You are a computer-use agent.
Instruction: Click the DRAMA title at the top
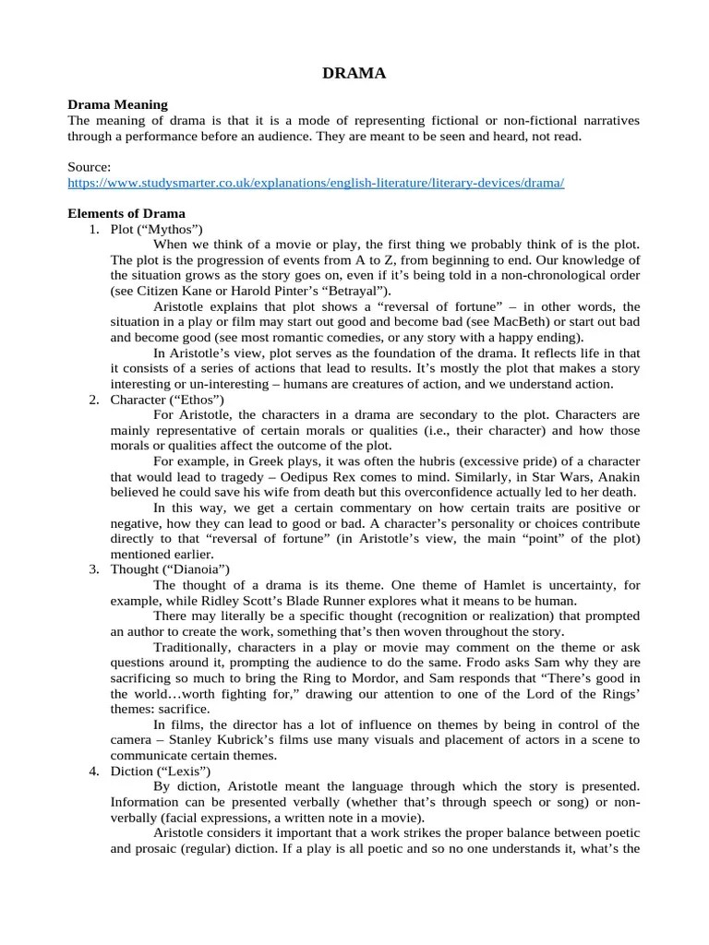click(x=354, y=73)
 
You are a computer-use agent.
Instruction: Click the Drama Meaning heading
click(x=117, y=105)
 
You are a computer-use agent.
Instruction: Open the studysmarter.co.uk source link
click(x=316, y=183)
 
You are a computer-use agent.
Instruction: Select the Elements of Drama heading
click(x=126, y=213)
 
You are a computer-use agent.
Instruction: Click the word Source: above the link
click(x=90, y=167)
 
